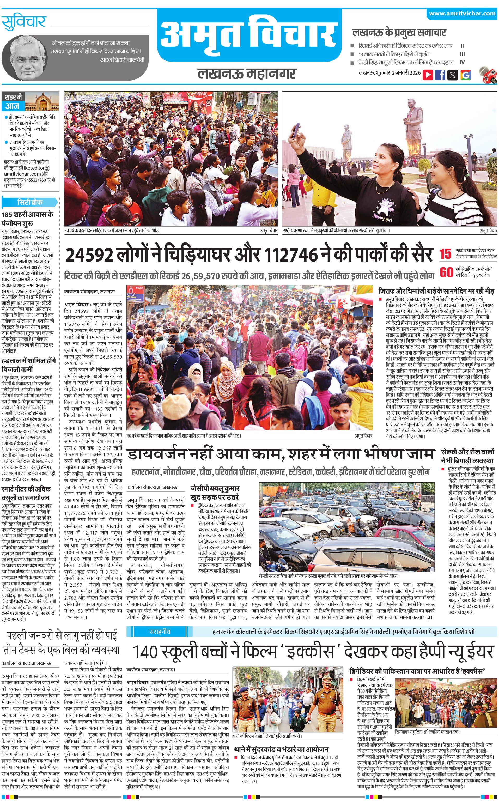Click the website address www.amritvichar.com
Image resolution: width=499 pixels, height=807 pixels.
(x=462, y=14)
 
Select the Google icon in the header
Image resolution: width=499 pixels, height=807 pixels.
(x=465, y=75)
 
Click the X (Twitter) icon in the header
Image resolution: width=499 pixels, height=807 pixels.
(x=453, y=75)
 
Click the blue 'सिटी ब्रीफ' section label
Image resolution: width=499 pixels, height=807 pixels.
(x=30, y=202)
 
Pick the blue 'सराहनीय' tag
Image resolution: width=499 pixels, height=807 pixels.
(x=159, y=632)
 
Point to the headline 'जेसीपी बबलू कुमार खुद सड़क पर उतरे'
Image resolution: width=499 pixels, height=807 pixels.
(x=215, y=493)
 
